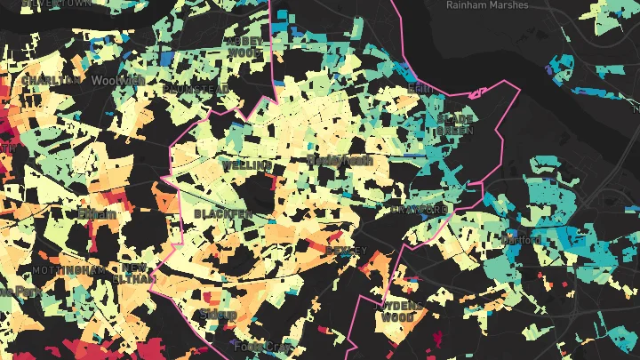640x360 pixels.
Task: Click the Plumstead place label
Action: (195, 89)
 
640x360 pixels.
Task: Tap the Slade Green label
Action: (455, 124)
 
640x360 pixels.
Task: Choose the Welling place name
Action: (245, 165)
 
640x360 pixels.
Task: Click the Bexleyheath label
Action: (339, 160)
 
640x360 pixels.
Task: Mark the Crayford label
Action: (419, 210)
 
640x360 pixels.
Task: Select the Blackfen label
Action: (222, 214)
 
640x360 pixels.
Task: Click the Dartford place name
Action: (520, 240)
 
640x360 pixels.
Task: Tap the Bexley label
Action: (345, 251)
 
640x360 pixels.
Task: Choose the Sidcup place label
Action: (218, 314)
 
